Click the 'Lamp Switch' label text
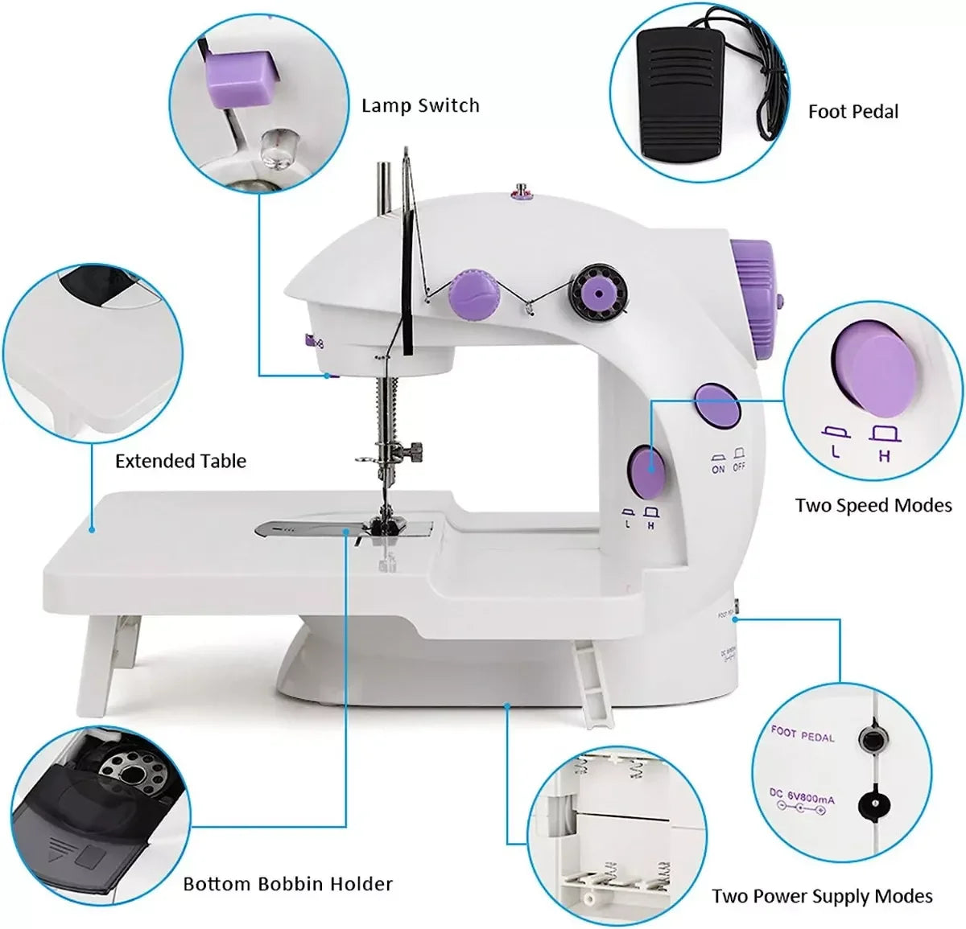420,105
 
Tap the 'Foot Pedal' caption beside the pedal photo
853,112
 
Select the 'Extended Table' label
180,461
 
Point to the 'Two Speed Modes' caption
873,505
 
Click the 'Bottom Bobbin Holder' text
287,884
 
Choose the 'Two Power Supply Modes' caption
822,896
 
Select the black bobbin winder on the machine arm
597,291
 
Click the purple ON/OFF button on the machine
717,404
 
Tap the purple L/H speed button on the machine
647,471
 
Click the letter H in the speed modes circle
884,455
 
